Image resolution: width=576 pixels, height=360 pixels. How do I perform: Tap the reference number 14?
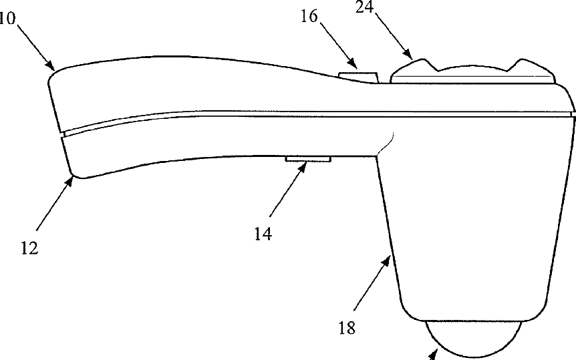pyautogui.click(x=263, y=234)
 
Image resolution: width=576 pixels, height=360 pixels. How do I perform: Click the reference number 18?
pyautogui.click(x=346, y=328)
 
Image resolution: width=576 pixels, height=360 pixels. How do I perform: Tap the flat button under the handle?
pyautogui.click(x=309, y=159)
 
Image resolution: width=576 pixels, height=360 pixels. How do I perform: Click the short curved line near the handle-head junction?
pyautogui.click(x=387, y=143)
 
